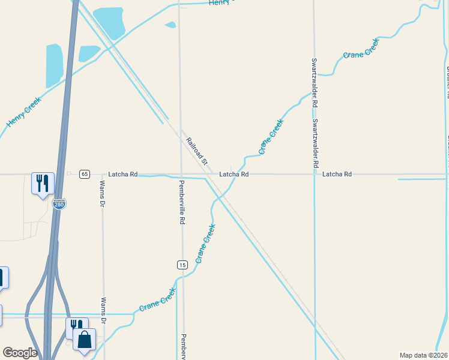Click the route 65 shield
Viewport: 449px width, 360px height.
click(x=84, y=174)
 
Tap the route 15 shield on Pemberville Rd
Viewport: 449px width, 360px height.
click(x=182, y=265)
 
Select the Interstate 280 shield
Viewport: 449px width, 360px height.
click(x=59, y=204)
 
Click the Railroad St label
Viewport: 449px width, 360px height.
click(x=196, y=151)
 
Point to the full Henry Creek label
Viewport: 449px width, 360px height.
click(x=23, y=112)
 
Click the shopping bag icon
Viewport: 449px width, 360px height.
click(x=85, y=339)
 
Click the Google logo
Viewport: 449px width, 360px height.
click(x=20, y=353)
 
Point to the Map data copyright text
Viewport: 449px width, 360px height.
click(x=423, y=355)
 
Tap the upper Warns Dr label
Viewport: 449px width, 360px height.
click(x=103, y=194)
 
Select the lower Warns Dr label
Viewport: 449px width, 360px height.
click(x=104, y=311)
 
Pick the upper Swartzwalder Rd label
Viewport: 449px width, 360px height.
click(x=314, y=82)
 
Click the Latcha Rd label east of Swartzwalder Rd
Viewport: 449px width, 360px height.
click(x=337, y=174)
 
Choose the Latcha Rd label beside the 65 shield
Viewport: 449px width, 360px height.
click(x=122, y=174)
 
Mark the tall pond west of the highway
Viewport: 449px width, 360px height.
click(x=55, y=66)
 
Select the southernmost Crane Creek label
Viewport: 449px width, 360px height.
click(x=158, y=300)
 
